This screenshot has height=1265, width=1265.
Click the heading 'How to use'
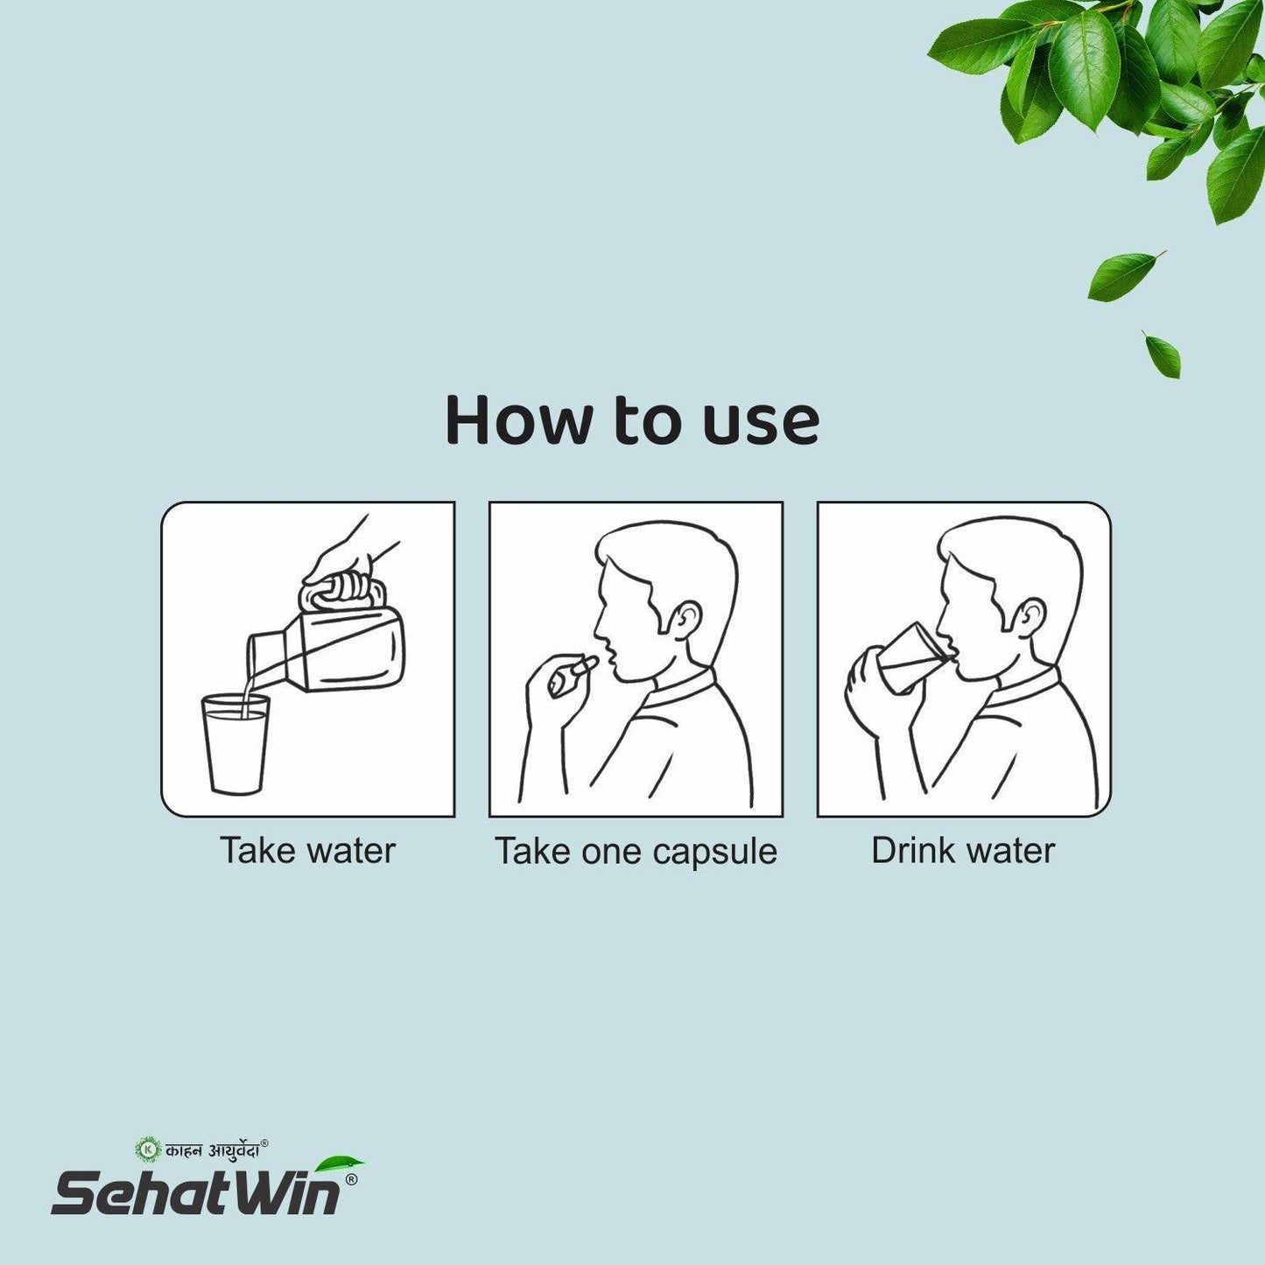coord(631,421)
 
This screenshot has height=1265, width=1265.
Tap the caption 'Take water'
coord(307,851)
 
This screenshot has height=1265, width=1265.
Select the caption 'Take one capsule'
coord(636,852)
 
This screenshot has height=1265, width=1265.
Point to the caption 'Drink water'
coord(963,851)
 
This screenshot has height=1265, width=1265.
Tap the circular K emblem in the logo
coord(148,1149)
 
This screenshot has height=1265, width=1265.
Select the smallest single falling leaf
coord(1163,355)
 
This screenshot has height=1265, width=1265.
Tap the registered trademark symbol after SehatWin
coord(351,1179)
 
